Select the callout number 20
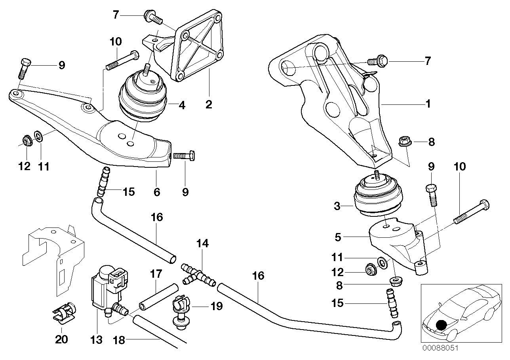[61, 339]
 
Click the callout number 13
[96, 340]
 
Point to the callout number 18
[119, 341]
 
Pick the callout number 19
[217, 306]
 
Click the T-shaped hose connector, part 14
[198, 276]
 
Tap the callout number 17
[156, 274]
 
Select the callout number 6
[157, 192]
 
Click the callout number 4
[182, 105]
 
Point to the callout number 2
[209, 104]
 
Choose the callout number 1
[428, 104]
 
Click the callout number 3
[337, 206]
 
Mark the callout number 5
[338, 237]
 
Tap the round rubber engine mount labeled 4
[143, 97]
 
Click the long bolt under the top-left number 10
[122, 60]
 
